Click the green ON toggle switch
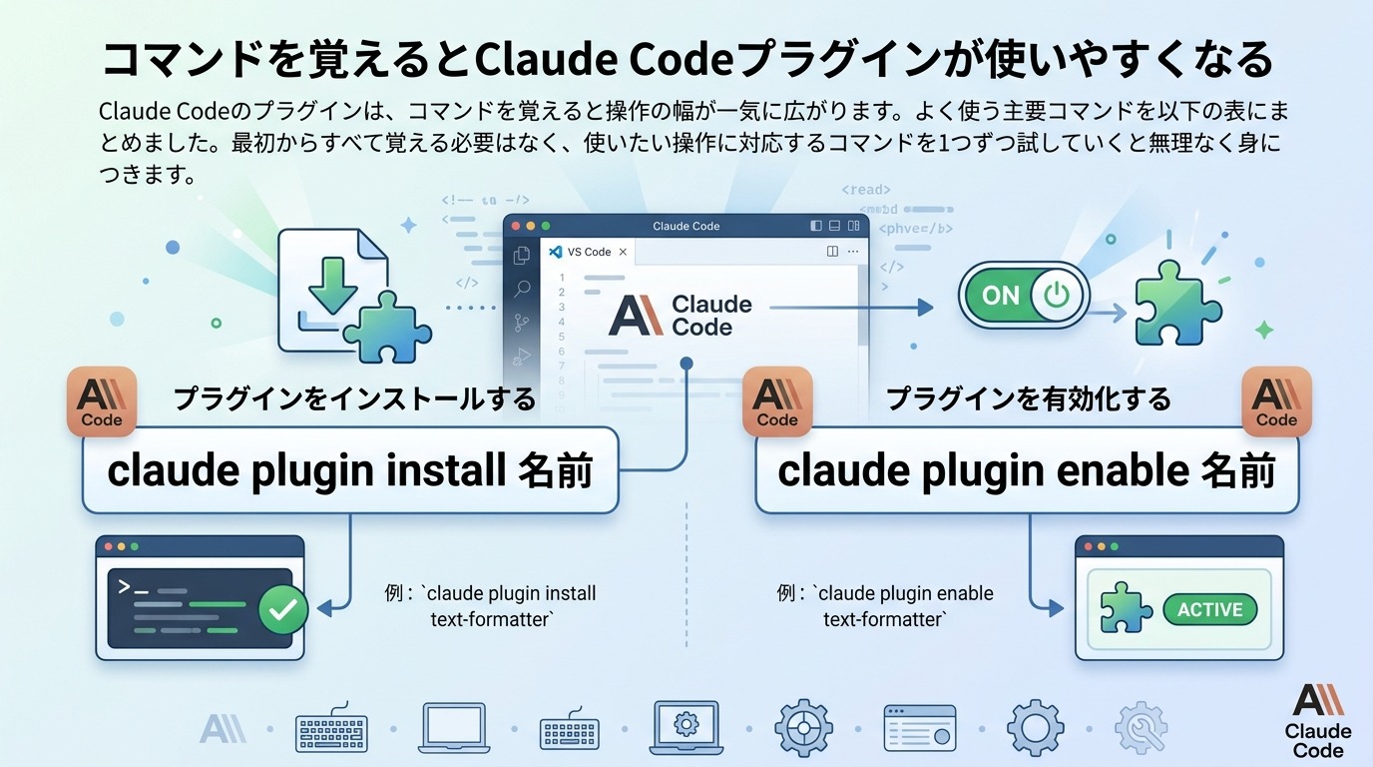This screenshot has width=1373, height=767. [1024, 296]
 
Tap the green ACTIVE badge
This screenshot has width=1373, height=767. [1209, 609]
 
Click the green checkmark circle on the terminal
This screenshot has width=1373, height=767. [283, 609]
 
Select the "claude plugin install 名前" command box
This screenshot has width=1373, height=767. [349, 470]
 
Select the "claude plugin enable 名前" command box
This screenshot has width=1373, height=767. [1027, 470]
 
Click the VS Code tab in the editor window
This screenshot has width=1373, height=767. [588, 252]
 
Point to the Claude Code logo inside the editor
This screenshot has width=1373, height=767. [681, 316]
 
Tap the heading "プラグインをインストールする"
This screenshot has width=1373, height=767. [354, 399]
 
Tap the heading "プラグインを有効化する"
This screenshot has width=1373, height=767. [1028, 399]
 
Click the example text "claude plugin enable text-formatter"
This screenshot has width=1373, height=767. [884, 606]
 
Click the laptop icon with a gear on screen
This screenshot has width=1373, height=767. [686, 726]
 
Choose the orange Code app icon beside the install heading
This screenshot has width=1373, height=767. [101, 401]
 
